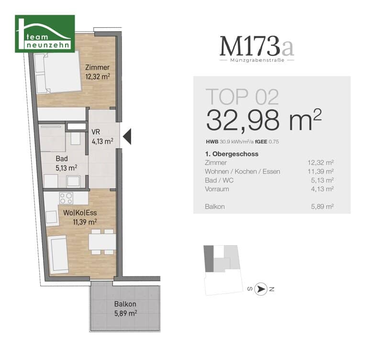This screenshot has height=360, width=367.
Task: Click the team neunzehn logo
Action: coord(45,33)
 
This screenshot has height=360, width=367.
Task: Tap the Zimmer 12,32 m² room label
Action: coord(98,72)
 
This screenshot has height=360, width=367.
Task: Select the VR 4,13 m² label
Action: coord(102,137)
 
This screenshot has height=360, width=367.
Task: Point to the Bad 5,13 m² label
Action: coord(66,163)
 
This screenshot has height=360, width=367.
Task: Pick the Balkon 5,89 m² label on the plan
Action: coord(126,308)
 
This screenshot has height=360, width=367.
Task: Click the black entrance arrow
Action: coord(127,137)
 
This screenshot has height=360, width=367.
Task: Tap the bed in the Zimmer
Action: coord(57,72)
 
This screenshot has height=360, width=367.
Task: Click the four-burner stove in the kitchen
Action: coord(66,198)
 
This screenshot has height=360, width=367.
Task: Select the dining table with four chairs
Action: coord(102,242)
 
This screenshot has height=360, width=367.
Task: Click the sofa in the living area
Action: coord(58,255)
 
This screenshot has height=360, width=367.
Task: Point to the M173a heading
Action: coord(257,46)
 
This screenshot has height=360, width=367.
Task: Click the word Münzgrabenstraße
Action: coord(257,60)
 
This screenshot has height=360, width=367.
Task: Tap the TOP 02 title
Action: coord(242,97)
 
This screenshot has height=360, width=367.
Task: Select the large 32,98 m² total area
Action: coord(264,120)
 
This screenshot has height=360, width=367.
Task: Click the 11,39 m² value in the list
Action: coord(321,172)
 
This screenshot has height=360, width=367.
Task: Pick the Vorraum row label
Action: coord(217,189)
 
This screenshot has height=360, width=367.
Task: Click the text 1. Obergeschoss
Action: coord(232,154)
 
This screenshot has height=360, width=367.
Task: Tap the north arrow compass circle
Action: coord(261,289)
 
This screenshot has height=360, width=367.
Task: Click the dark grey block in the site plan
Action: coord(209,259)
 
